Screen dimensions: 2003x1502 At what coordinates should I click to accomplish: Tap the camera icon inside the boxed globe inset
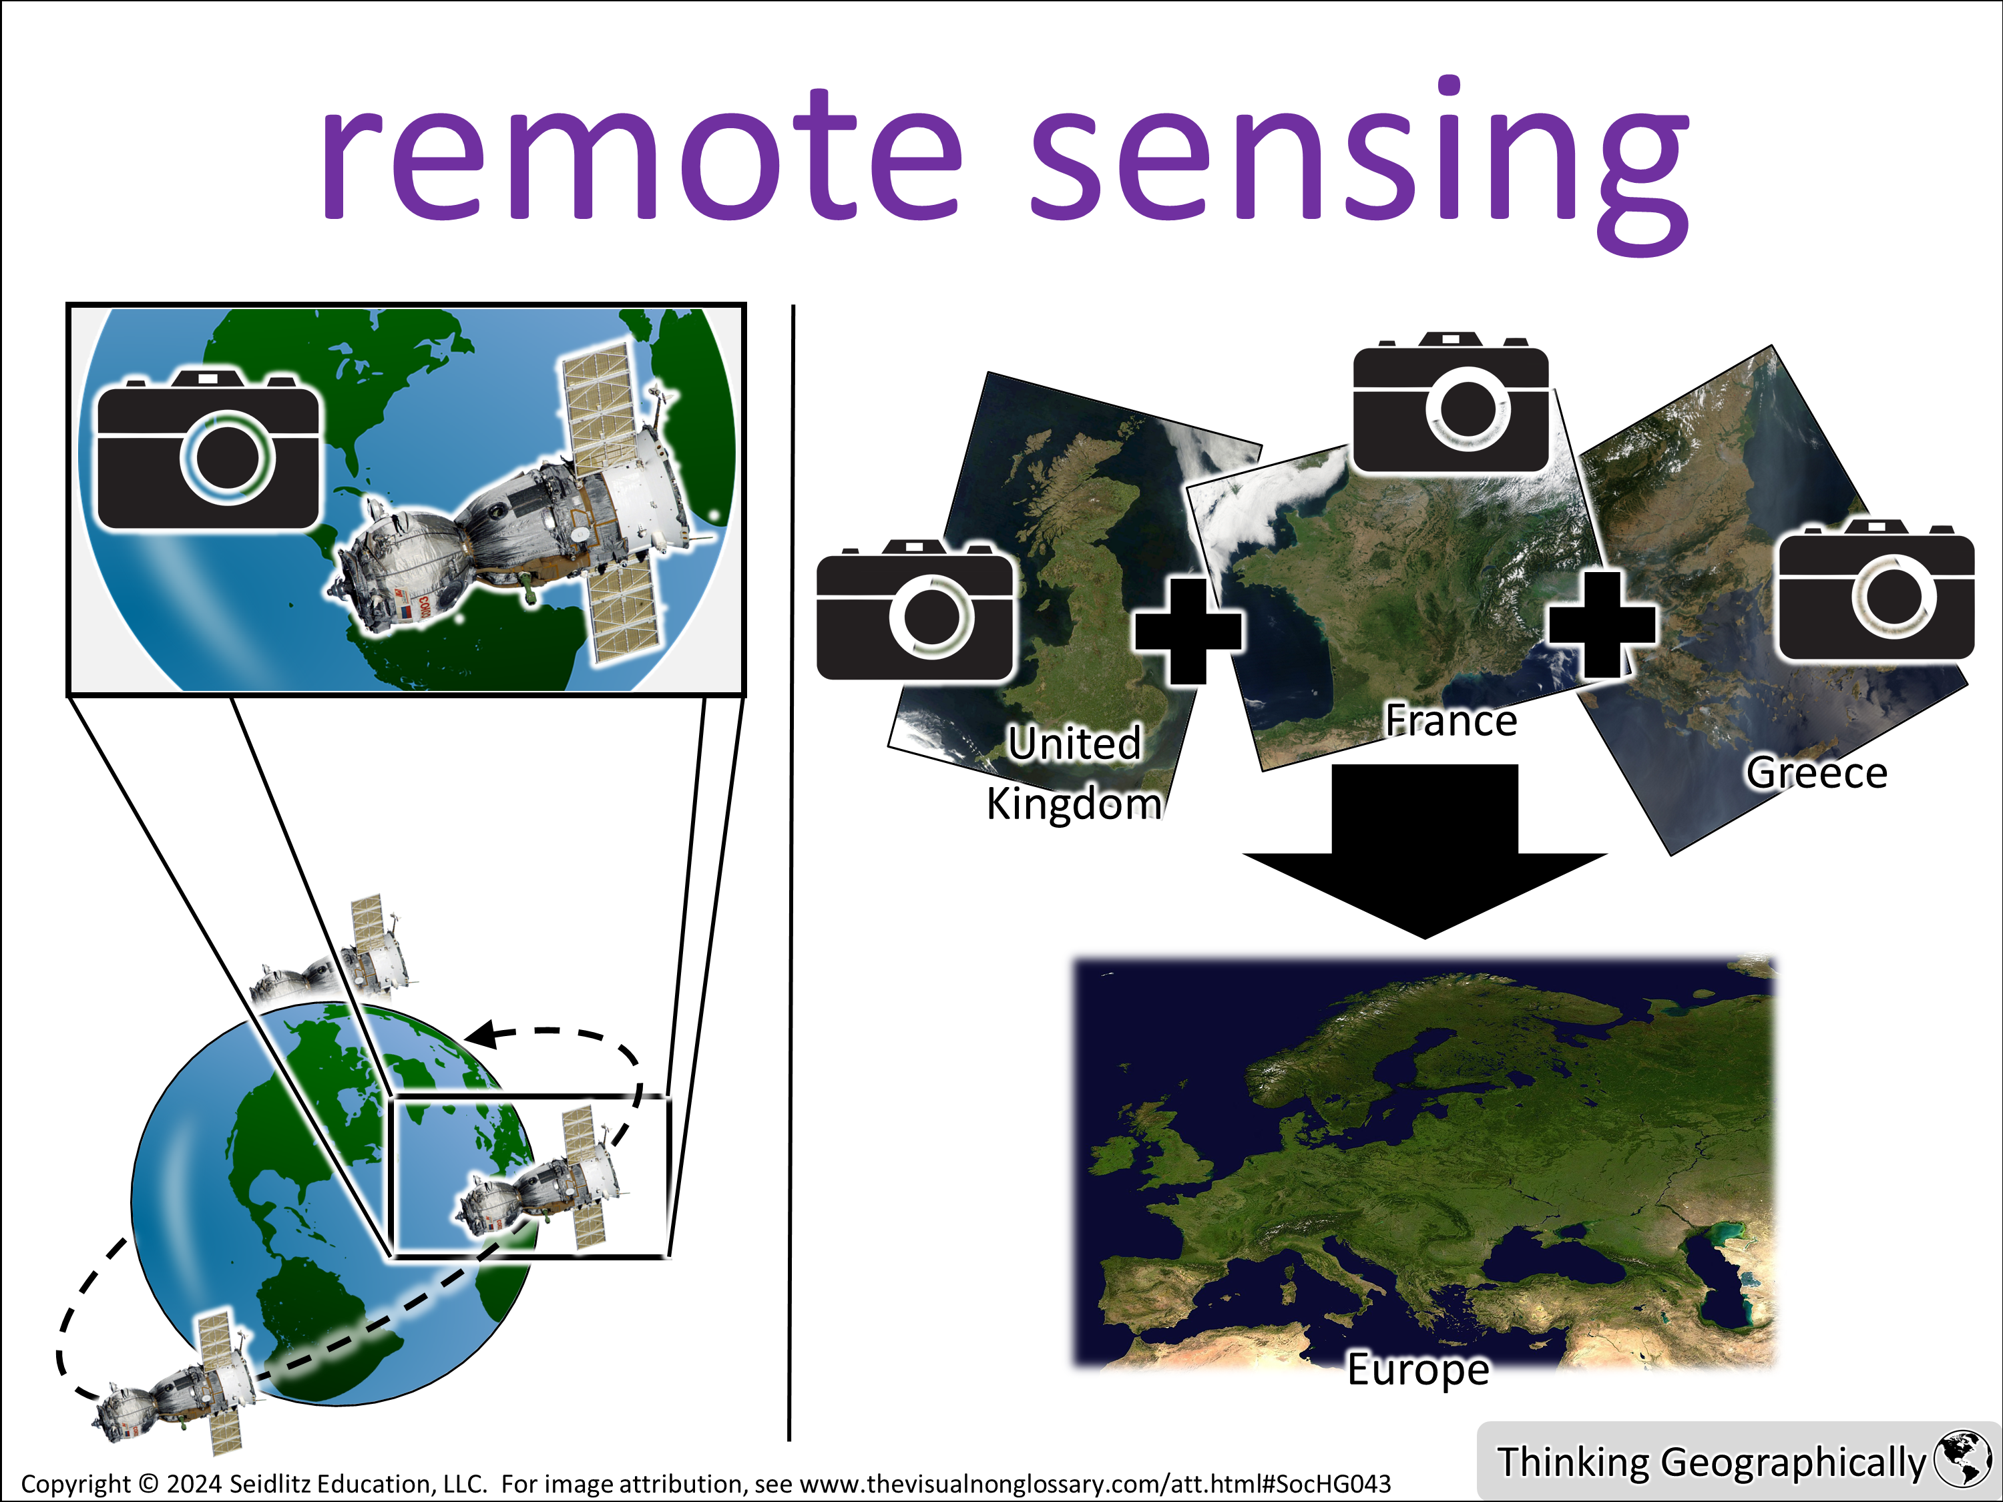(x=208, y=449)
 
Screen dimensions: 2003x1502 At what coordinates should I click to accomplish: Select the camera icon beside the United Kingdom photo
(x=915, y=609)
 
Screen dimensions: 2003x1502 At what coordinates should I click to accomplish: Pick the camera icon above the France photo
(x=1451, y=403)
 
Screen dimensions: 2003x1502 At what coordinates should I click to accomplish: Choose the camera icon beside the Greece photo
(x=1876, y=589)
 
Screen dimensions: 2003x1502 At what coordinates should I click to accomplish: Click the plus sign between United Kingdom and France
(x=1188, y=631)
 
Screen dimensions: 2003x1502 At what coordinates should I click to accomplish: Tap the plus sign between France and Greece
(x=1602, y=625)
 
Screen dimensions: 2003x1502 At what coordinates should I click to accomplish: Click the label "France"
(x=1451, y=722)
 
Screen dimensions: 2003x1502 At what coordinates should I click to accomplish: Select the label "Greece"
(x=1817, y=773)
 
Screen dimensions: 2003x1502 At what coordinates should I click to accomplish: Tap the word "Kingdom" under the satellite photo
(x=1074, y=804)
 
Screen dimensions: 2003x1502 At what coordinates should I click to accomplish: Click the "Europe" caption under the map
(x=1418, y=1370)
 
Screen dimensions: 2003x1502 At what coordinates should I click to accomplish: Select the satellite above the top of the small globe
(x=335, y=955)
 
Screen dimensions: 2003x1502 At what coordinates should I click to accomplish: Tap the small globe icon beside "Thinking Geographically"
(x=1962, y=1459)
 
